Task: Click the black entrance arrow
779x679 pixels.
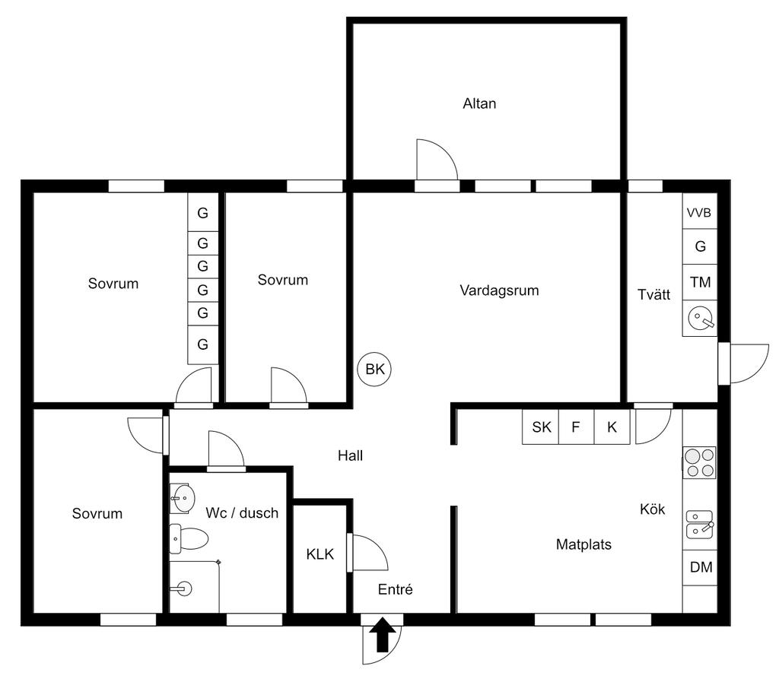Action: pos(383,634)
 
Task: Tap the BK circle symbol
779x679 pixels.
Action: pos(374,369)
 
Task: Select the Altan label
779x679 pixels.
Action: pos(479,104)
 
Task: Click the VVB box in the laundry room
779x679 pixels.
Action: pos(700,211)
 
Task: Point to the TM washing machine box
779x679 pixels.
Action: pos(700,282)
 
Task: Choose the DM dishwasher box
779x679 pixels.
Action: pos(701,567)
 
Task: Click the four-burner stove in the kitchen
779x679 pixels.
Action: pos(700,462)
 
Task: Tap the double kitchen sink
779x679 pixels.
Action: pos(700,525)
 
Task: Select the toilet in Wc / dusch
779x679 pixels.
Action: pos(188,538)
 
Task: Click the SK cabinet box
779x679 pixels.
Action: pos(541,427)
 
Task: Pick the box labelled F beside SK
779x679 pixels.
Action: pos(577,427)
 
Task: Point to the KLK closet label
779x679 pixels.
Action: pos(320,554)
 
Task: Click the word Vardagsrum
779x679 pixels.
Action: pos(499,290)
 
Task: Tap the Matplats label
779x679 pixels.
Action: pos(583,544)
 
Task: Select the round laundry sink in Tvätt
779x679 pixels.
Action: pos(701,318)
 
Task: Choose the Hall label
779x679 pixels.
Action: pos(350,455)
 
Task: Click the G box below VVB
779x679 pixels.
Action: pos(700,246)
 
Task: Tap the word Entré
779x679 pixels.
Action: pos(395,589)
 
